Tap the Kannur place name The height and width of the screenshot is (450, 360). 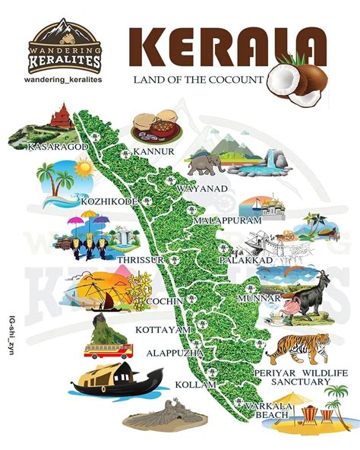point(154,151)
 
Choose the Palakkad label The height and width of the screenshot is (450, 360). point(245,260)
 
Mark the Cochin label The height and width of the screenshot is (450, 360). point(165,302)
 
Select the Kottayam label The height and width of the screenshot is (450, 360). point(162,330)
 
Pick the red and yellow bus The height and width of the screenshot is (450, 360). point(109,351)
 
